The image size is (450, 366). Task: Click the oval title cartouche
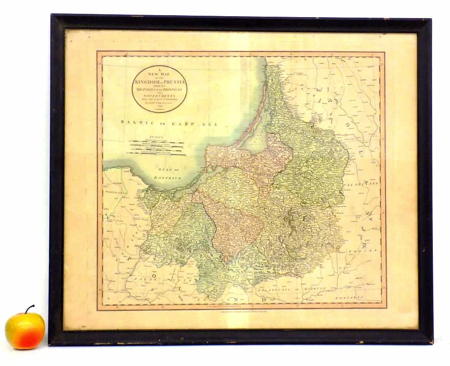tap(159, 89)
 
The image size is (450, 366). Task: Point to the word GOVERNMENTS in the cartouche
tap(159, 95)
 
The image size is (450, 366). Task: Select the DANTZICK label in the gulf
tap(171, 178)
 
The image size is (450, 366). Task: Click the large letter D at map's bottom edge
tap(262, 300)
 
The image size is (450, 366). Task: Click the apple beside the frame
tap(25, 330)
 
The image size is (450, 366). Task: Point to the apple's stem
tap(29, 309)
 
